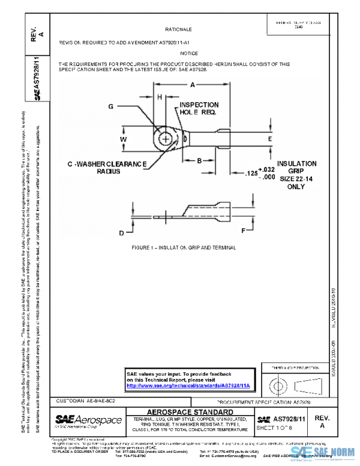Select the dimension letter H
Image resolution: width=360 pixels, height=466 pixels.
160,97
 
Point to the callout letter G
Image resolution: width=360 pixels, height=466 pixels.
111,106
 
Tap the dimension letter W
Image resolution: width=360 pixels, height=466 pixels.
124,139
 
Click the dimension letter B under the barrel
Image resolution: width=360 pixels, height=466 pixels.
199,160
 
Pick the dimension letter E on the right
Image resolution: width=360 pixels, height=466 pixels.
270,139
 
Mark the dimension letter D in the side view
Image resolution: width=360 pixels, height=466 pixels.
122,232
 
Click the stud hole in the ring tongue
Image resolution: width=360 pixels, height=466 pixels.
166,139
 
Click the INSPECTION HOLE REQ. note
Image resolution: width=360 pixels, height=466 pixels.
198,109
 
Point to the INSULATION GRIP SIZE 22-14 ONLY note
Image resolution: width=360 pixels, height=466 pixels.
293,174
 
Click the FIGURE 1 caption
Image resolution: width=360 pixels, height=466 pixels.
184,247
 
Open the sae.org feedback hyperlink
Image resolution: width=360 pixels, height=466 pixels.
188,386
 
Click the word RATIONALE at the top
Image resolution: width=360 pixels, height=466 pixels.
178,29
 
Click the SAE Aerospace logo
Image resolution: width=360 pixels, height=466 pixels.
88,420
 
